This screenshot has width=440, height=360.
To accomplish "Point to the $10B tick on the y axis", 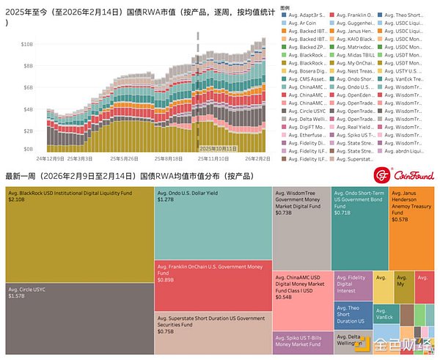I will click(26, 45).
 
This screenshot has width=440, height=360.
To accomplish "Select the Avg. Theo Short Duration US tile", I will click(351, 314).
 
